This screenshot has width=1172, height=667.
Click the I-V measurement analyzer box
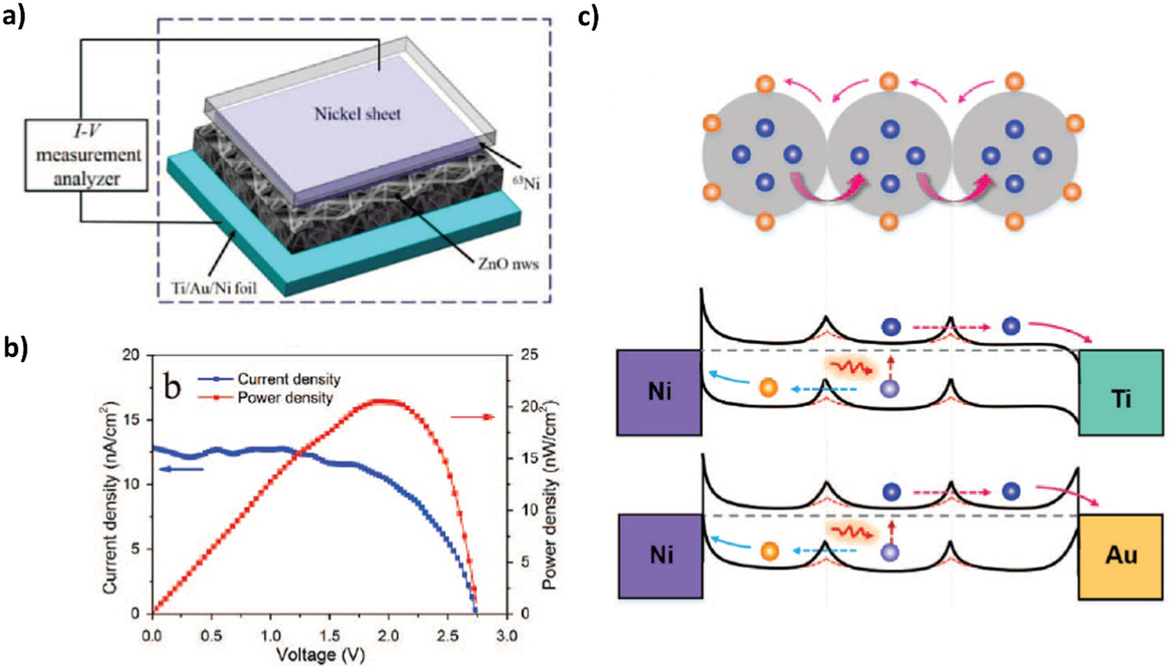pos(86,155)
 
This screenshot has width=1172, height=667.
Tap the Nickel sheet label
pos(357,114)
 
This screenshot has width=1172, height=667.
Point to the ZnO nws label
pos(508,264)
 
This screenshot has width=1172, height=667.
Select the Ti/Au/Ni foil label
pos(214,288)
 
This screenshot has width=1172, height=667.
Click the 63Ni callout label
pos(526,183)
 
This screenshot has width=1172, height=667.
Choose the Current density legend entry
pos(288,379)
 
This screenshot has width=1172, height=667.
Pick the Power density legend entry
pos(285,398)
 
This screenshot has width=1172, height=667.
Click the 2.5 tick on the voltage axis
pos(448,636)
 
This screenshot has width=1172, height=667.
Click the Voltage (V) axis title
pos(320,655)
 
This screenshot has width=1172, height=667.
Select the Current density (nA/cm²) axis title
pos(110,498)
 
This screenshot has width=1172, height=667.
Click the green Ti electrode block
pos(1120,393)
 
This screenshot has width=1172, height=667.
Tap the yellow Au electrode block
pos(1120,556)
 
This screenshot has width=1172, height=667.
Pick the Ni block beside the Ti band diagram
pos(659,392)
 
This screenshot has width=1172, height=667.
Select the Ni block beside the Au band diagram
pos(660,556)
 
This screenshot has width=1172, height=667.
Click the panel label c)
pos(588,16)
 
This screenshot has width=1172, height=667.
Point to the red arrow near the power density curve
pos(472,417)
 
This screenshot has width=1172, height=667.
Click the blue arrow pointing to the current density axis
pos(182,469)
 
